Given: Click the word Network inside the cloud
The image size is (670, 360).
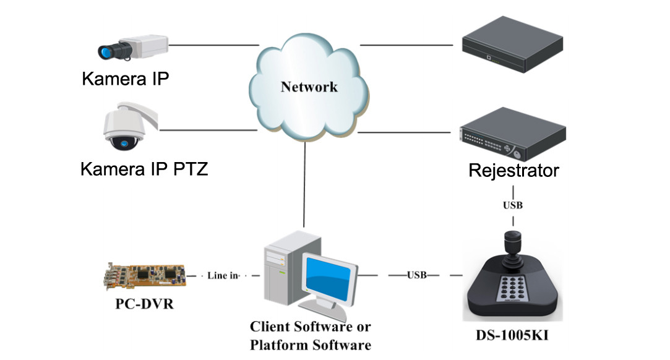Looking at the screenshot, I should point(309,86).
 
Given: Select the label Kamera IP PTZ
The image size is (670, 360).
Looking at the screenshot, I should point(144,168).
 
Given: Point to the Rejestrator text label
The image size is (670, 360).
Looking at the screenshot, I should point(513,170).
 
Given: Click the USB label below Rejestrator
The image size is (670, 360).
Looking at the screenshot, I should point(513,205).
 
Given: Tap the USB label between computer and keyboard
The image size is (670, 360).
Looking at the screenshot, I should point(416,275).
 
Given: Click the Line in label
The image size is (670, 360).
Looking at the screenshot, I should point(223,275).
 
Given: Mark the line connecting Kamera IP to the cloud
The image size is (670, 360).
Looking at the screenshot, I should point(213,45).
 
